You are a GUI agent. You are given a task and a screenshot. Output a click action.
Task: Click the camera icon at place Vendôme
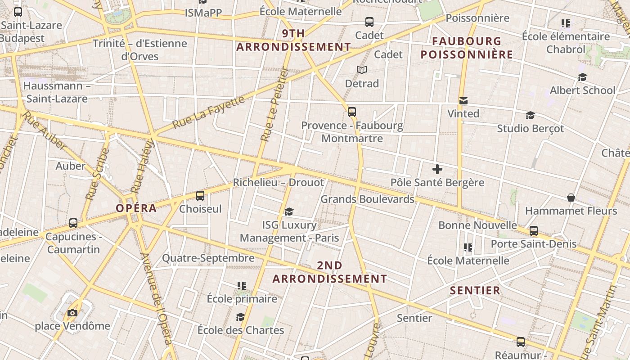click(72, 313)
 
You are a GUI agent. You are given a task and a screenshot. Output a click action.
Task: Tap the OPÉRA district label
click(136, 208)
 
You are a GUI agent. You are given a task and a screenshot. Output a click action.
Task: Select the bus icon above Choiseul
click(200, 196)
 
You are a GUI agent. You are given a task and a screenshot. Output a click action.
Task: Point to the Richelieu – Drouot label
click(278, 183)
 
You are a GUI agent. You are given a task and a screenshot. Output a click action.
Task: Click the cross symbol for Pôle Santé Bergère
click(437, 169)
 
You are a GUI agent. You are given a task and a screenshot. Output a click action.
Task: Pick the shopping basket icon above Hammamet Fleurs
click(571, 198)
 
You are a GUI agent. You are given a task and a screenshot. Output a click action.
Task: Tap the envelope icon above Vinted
click(463, 101)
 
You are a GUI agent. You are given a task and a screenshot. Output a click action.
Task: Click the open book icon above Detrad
click(362, 70)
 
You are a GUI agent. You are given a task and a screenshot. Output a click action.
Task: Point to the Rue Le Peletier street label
click(273, 105)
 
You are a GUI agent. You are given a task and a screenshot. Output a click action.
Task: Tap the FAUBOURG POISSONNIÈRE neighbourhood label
click(467, 48)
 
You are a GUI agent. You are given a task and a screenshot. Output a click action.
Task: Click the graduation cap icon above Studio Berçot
click(530, 116)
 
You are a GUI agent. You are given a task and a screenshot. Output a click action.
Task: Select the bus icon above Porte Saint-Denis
click(534, 231)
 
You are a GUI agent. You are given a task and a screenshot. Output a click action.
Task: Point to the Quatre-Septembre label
click(208, 258)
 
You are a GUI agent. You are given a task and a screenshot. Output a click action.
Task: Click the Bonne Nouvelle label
click(477, 225)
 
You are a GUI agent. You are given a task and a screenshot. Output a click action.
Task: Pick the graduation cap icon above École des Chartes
click(240, 317)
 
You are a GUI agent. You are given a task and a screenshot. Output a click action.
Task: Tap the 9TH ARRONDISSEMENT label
click(293, 40)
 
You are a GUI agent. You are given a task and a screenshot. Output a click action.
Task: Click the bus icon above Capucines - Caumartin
click(73, 223)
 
